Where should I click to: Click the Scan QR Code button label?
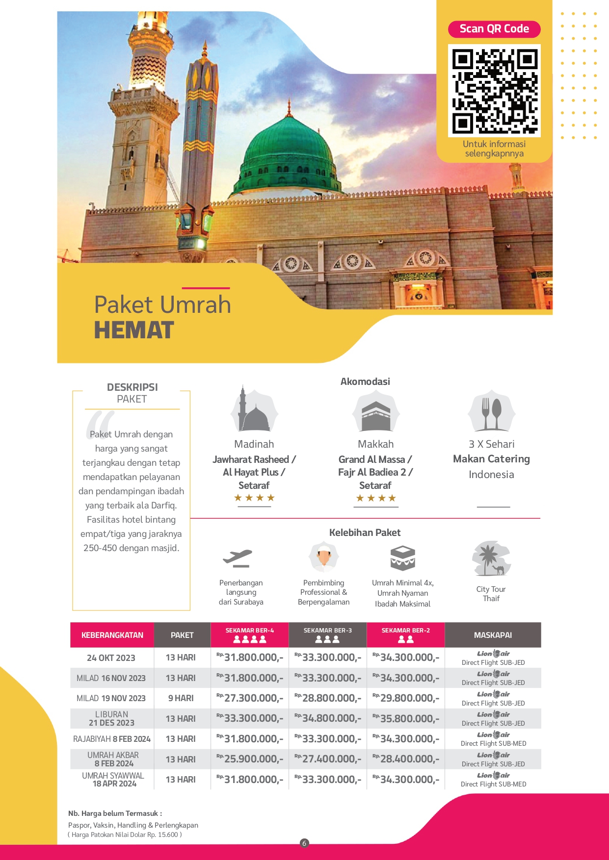click(x=494, y=29)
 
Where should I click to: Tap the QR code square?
click(x=494, y=91)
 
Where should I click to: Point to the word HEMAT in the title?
click(x=134, y=330)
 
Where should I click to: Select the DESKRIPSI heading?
click(x=132, y=387)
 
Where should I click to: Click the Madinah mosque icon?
click(x=254, y=411)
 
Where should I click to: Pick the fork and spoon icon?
click(x=491, y=412)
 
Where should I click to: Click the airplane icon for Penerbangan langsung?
click(x=238, y=558)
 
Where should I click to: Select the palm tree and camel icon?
click(x=491, y=559)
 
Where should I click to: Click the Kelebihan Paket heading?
click(x=365, y=533)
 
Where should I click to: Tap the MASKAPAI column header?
click(x=493, y=635)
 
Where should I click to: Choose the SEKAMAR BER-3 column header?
click(x=327, y=635)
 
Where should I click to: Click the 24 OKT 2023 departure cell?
click(x=111, y=658)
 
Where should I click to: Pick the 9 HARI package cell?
click(x=181, y=698)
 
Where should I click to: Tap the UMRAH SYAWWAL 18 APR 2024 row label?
click(x=113, y=780)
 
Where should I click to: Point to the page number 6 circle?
click(x=304, y=843)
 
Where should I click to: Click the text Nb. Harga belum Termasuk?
click(x=115, y=813)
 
